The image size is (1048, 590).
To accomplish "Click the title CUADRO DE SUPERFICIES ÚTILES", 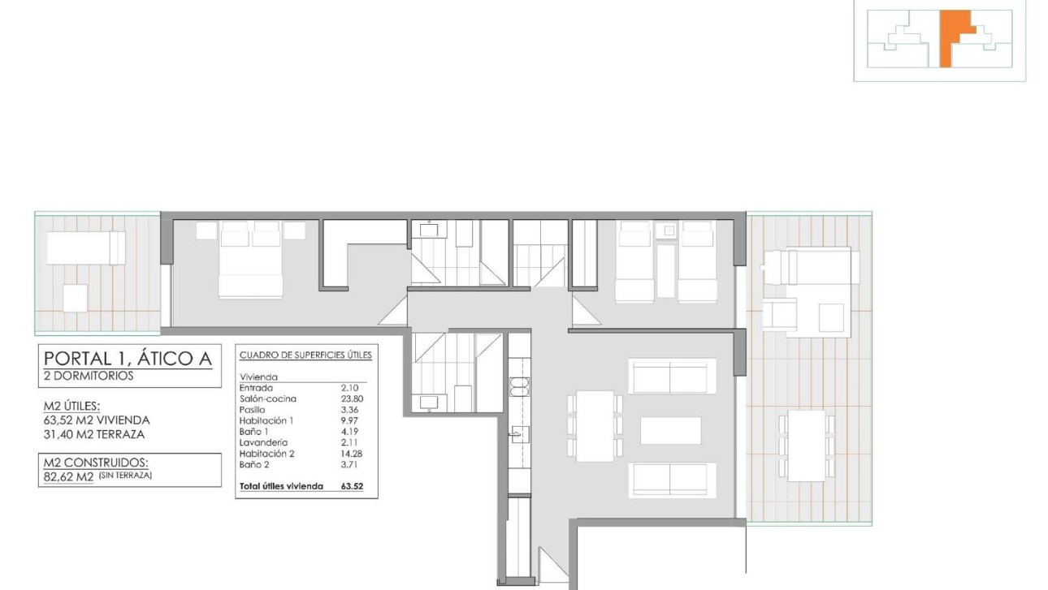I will coord(305,355).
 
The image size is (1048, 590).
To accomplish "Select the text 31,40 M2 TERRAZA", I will coord(95,434).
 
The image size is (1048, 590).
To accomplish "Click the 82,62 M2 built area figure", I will coord(68,476).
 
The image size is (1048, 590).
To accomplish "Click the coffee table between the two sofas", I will coord(670,430).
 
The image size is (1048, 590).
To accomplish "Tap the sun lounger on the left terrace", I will coord(85,248).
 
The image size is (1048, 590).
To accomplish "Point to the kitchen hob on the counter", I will coord(518,388).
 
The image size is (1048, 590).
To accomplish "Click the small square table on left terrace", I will coord(76,298).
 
